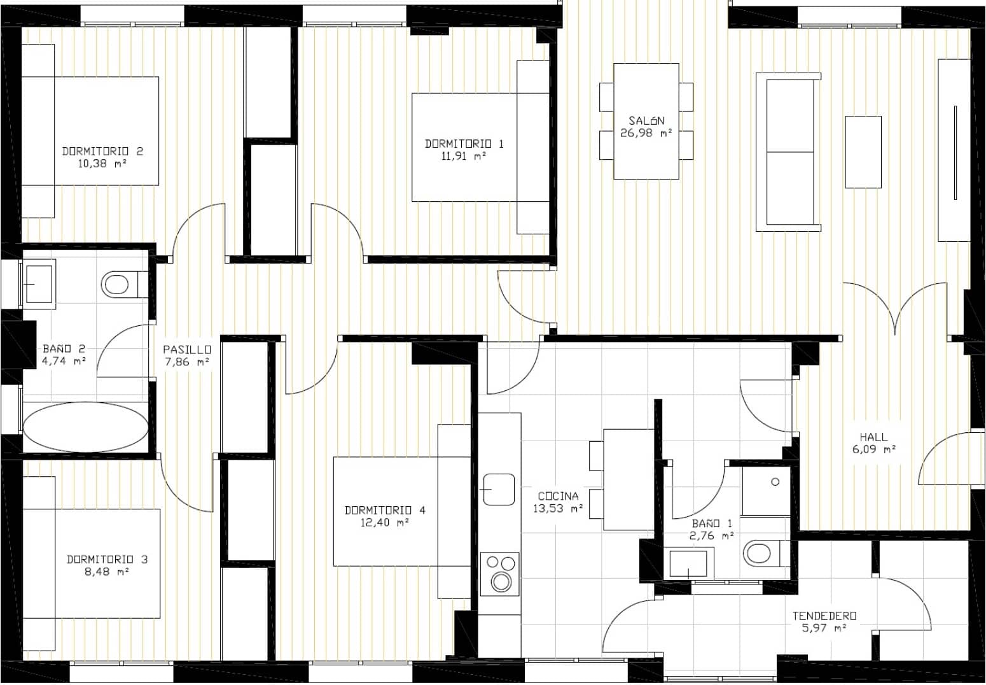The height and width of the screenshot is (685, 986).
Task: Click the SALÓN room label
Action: [646, 120]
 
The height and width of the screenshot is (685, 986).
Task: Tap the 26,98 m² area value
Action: [646, 133]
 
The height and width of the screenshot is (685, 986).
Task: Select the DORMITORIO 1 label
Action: [464, 144]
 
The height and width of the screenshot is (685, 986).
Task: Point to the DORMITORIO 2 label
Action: [102, 151]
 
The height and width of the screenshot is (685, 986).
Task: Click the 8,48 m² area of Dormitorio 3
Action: [107, 572]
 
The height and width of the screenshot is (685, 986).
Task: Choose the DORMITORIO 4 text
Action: [385, 510]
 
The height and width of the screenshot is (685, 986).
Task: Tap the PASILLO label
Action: [186, 350]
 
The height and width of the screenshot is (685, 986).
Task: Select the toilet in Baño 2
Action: [118, 283]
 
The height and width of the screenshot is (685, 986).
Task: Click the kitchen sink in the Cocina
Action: [499, 489]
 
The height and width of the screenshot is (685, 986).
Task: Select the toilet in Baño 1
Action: [760, 553]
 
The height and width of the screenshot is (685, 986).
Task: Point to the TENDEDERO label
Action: [824, 616]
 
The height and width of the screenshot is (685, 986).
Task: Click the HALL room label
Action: [873, 437]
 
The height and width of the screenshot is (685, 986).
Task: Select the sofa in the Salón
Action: [788, 152]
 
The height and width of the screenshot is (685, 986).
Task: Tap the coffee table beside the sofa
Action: [863, 152]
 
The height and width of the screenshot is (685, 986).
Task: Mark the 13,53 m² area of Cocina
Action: [558, 508]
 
